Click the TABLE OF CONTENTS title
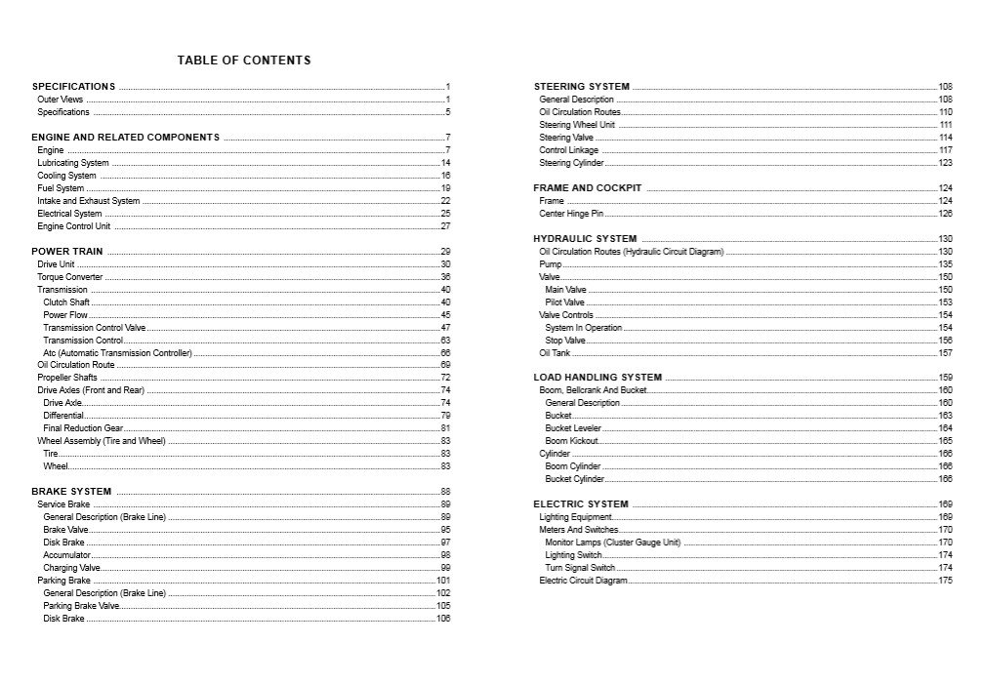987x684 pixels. click(244, 60)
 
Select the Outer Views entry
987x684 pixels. click(61, 100)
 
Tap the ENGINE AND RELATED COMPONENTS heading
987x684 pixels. click(126, 138)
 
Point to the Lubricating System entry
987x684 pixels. click(73, 163)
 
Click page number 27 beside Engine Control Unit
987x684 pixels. click(445, 226)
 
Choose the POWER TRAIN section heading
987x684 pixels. click(67, 252)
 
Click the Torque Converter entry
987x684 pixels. click(70, 277)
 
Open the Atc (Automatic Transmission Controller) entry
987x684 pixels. click(118, 353)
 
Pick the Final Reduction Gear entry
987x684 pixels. click(83, 428)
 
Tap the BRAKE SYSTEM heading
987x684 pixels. click(71, 492)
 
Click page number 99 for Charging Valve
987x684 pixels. click(445, 568)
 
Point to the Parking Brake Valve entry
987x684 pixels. click(81, 606)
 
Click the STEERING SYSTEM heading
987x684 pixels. click(582, 87)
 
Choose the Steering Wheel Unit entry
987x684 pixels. click(577, 125)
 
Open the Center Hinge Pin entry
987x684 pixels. click(571, 214)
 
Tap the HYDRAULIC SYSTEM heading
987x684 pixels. click(585, 239)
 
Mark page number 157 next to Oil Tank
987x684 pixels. click(945, 353)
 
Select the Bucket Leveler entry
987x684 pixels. click(573, 428)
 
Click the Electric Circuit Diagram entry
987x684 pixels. click(583, 581)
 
